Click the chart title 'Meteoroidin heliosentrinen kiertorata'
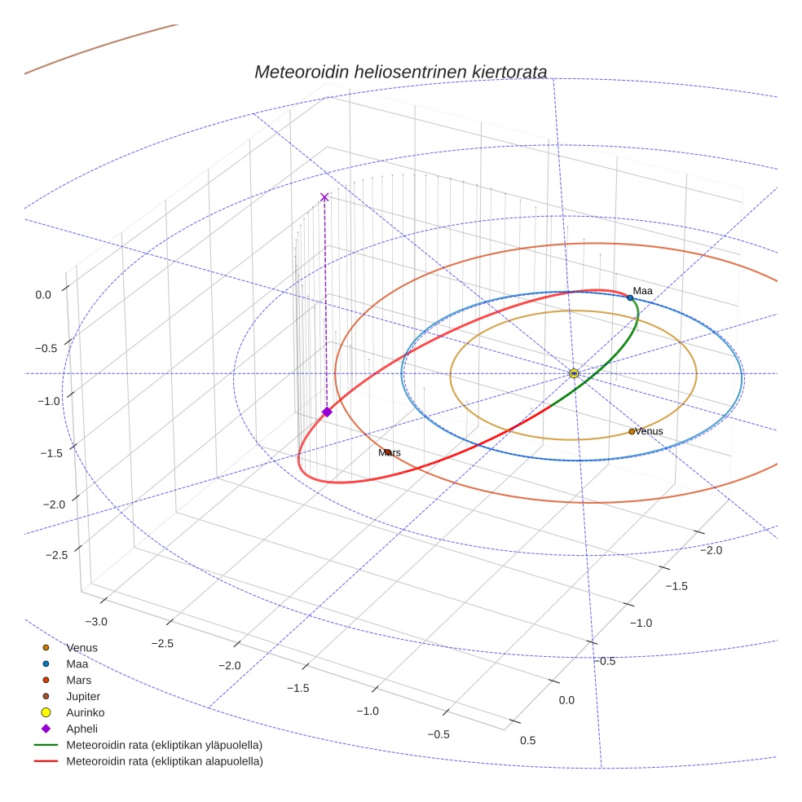tap(400, 72)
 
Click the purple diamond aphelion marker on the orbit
tap(327, 412)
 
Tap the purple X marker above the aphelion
tap(324, 196)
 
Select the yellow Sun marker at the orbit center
tap(574, 373)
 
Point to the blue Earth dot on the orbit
tap(630, 298)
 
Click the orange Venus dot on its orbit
tap(632, 431)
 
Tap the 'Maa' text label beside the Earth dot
tap(642, 290)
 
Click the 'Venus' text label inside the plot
tap(649, 431)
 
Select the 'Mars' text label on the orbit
tap(390, 452)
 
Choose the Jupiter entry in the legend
tap(83, 696)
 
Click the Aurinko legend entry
tap(85, 712)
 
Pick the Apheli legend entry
tap(82, 729)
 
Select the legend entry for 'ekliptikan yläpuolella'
tap(164, 745)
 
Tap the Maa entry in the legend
tap(77, 663)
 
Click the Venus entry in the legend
tap(82, 647)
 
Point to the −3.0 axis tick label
tap(95, 622)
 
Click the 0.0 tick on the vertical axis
tap(43, 294)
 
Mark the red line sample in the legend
tap(46, 761)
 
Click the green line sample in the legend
tap(46, 745)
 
